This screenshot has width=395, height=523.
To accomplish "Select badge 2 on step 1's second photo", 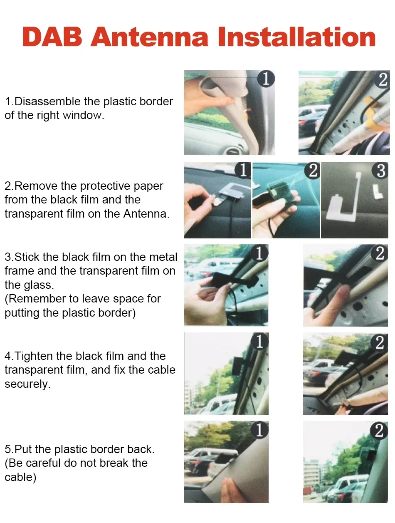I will coord(383,79).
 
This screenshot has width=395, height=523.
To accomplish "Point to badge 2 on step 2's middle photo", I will coord(312,171).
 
